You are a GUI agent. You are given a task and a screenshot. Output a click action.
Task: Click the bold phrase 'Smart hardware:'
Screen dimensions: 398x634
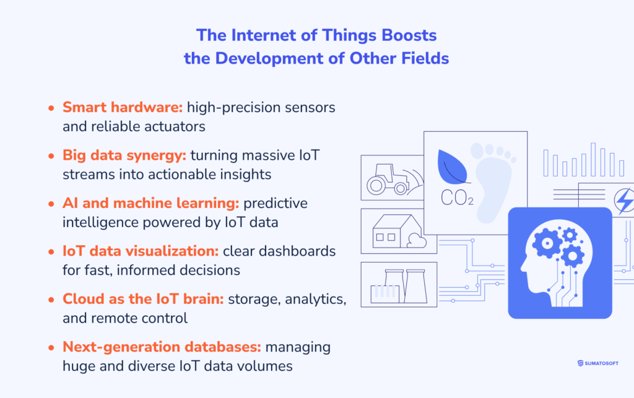pyautogui.click(x=122, y=107)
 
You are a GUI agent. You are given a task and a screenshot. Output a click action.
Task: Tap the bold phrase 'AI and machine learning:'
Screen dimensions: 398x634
pyautogui.click(x=150, y=204)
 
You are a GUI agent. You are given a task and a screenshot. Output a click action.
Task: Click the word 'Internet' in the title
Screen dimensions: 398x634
pyautogui.click(x=254, y=35)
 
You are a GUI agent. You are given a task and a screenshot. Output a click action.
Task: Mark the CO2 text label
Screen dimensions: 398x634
pyautogui.click(x=457, y=199)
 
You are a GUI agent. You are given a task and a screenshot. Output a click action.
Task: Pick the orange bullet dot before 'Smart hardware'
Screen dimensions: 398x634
pyautogui.click(x=51, y=108)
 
